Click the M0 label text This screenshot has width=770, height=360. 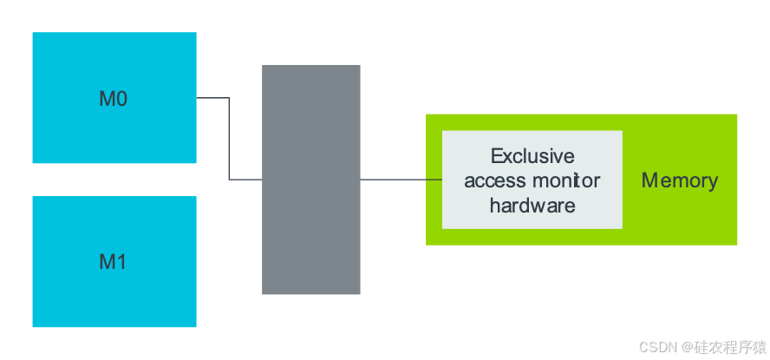click(113, 99)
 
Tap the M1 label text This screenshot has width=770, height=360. click(113, 261)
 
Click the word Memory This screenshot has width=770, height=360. click(679, 180)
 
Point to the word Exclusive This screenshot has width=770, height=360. click(532, 156)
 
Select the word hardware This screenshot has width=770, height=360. click(532, 206)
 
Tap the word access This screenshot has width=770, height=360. click(494, 180)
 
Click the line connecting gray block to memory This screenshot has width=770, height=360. click(392, 180)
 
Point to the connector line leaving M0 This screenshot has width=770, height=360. click(212, 98)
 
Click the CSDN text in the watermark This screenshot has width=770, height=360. click(656, 346)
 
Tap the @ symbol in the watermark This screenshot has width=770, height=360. click(685, 346)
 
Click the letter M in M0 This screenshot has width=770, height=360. click(107, 99)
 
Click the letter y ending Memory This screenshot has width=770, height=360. click(712, 182)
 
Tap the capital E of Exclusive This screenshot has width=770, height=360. click(497, 156)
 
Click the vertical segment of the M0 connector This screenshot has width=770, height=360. click(229, 139)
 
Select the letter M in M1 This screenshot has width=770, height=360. click(107, 261)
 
